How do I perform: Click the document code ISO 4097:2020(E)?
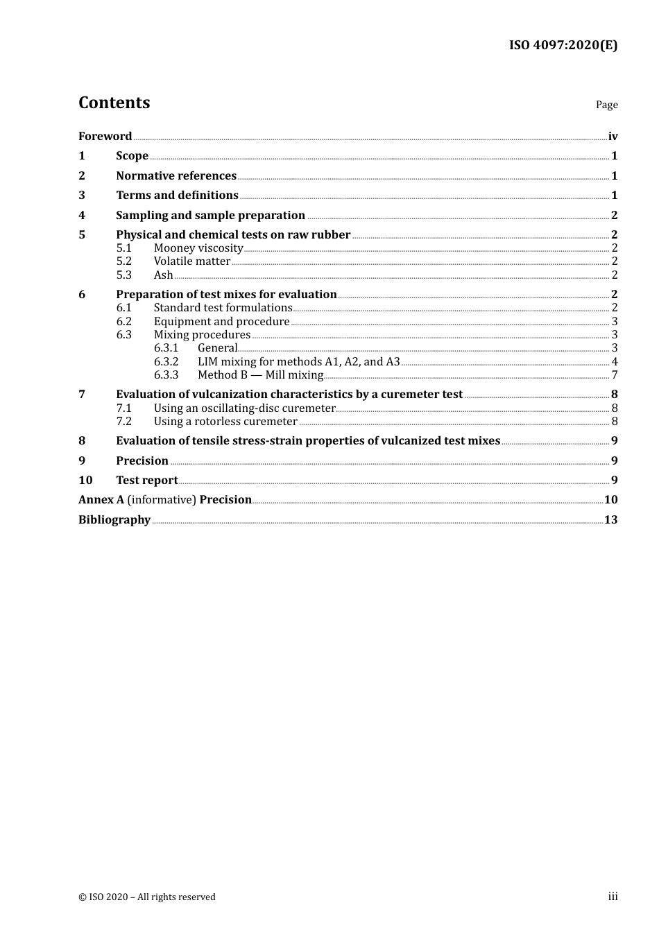[563, 46]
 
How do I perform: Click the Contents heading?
[114, 103]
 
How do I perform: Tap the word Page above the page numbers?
[606, 105]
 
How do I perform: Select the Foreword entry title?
[105, 136]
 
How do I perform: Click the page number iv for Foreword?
[613, 137]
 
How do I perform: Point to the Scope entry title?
[132, 156]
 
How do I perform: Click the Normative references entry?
[176, 176]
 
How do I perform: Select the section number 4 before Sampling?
[82, 216]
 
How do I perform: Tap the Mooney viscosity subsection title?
[198, 248]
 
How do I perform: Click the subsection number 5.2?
[123, 261]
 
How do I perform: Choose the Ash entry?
[163, 275]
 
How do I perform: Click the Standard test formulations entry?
[223, 308]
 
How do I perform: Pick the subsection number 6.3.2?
[166, 362]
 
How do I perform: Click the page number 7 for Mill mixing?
[615, 375]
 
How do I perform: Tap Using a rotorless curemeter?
[225, 422]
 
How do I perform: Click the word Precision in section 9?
[142, 461]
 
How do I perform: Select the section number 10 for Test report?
[85, 481]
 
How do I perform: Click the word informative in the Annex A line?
[162, 500]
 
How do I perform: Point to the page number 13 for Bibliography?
[610, 520]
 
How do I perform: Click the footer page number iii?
[613, 897]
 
